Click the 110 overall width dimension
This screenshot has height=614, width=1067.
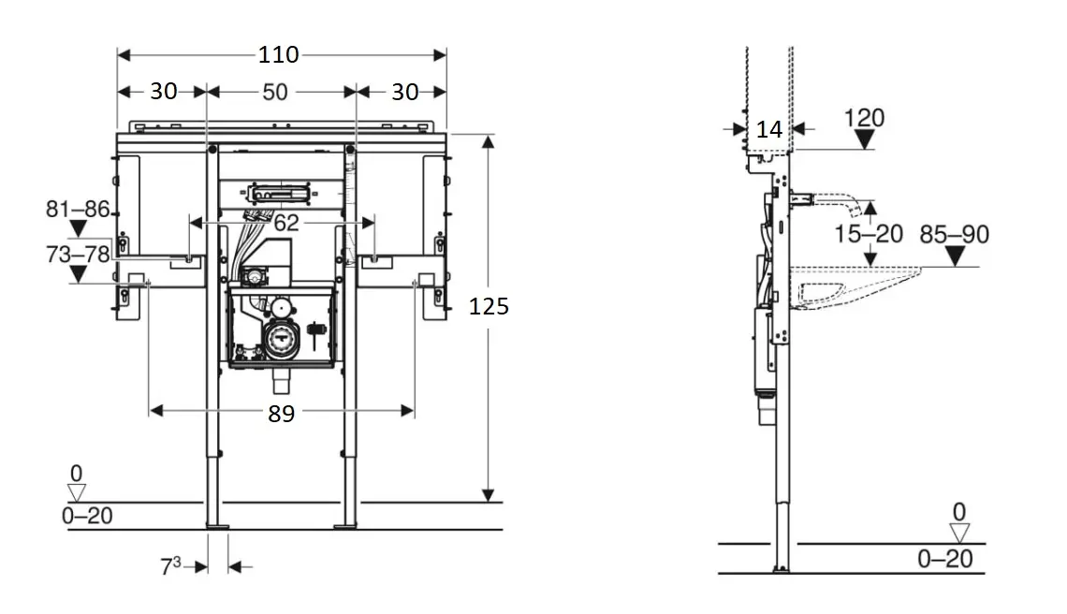pyautogui.click(x=278, y=54)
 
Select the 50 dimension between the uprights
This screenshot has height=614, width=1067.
pyautogui.click(x=275, y=92)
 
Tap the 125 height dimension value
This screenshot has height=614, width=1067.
pyautogui.click(x=489, y=307)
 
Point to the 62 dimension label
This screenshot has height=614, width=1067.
pyautogui.click(x=286, y=223)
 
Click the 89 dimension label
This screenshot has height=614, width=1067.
pyautogui.click(x=281, y=414)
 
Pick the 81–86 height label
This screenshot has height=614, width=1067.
pyautogui.click(x=78, y=209)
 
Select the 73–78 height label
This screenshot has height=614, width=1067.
pyautogui.click(x=78, y=255)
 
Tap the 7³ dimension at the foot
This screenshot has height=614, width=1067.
pyautogui.click(x=170, y=565)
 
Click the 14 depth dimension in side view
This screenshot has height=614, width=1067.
pyautogui.click(x=769, y=129)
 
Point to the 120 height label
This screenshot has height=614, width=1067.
pyautogui.click(x=864, y=118)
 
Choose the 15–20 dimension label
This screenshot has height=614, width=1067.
pyautogui.click(x=869, y=234)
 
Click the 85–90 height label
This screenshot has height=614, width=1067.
pyautogui.click(x=954, y=235)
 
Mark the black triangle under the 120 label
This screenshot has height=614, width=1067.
pyautogui.click(x=864, y=139)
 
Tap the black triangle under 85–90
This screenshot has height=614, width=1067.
pyautogui.click(x=956, y=256)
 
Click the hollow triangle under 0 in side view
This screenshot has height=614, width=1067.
pyautogui.click(x=959, y=533)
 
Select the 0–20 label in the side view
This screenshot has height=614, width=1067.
pyautogui.click(x=944, y=559)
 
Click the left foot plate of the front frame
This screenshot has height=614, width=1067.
pyautogui.click(x=218, y=525)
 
